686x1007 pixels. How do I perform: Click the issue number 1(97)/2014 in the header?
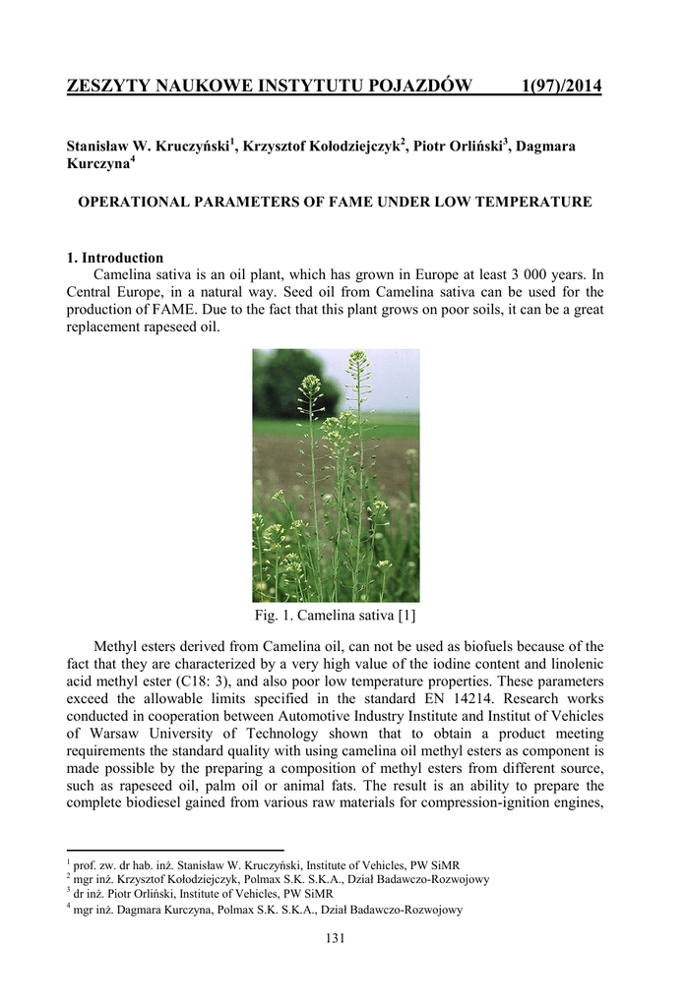tap(560, 88)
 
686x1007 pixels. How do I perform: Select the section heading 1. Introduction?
tap(114, 258)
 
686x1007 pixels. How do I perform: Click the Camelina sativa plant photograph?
tap(336, 475)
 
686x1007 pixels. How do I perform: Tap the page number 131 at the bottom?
tap(336, 938)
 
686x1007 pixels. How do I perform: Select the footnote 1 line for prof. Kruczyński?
tap(256, 864)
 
